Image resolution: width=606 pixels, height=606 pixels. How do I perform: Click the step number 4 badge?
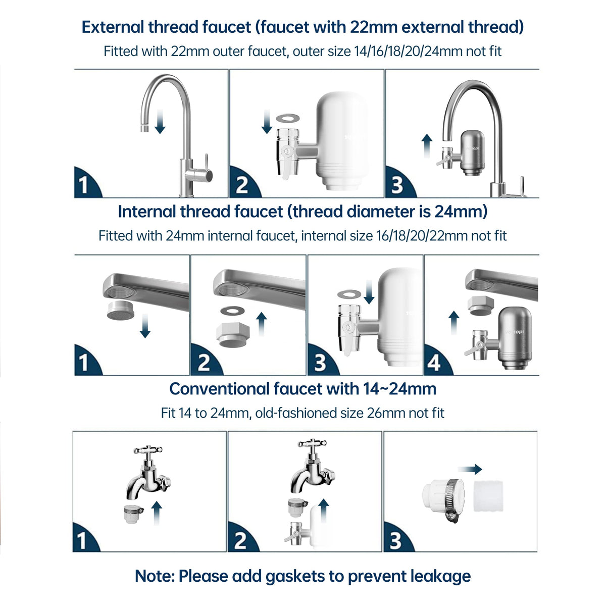434,363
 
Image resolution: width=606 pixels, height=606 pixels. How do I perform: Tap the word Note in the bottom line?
154,576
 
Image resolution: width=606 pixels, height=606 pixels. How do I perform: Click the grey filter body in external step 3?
473,151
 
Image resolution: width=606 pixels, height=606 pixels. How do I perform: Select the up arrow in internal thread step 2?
261,324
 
